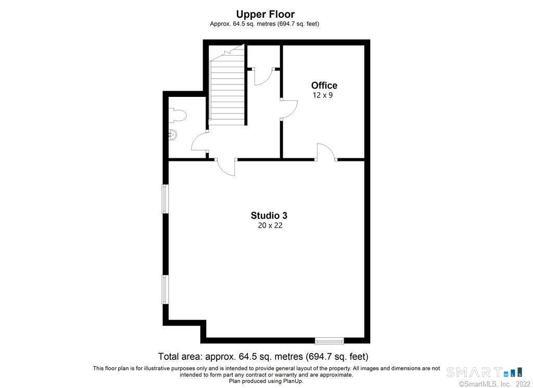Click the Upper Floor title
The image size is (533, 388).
265,14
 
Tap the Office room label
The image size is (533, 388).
324,85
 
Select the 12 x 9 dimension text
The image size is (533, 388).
323,95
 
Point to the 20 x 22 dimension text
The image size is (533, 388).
270,226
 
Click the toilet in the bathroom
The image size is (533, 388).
177,116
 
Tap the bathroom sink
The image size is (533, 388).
173,135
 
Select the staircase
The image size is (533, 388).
227,84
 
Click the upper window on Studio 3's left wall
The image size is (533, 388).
165,198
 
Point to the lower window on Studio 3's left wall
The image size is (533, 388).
165,290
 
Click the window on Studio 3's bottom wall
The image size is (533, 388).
329,341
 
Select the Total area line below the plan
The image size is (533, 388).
263,357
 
